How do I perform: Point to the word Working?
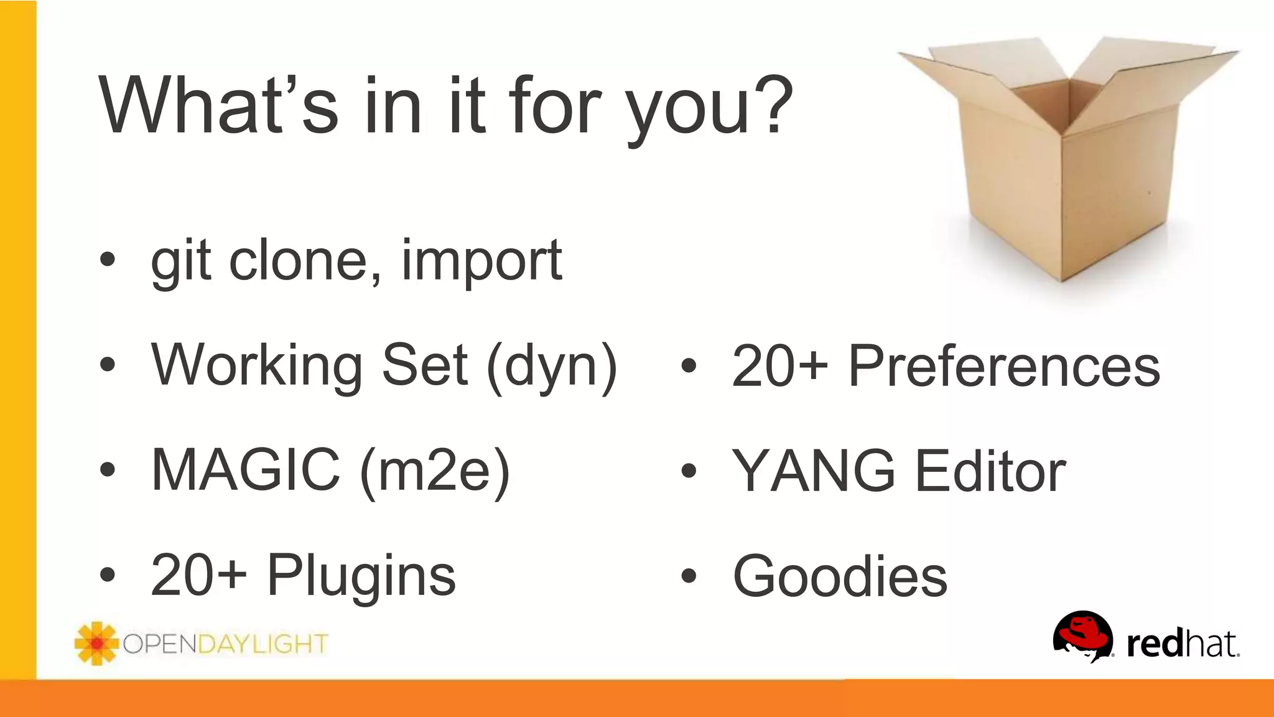(258, 366)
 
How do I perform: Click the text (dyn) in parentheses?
(552, 367)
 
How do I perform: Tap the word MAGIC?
(246, 470)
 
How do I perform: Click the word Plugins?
(361, 576)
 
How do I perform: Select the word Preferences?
(1004, 366)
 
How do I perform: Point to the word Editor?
(991, 471)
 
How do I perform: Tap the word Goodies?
(840, 576)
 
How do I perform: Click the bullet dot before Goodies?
(688, 576)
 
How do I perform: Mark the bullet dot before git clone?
(108, 260)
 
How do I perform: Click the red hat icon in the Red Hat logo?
(1082, 635)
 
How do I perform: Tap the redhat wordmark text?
(1182, 644)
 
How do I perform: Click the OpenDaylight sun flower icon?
(96, 644)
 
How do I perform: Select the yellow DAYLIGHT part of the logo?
(263, 644)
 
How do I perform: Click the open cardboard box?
(1067, 162)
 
